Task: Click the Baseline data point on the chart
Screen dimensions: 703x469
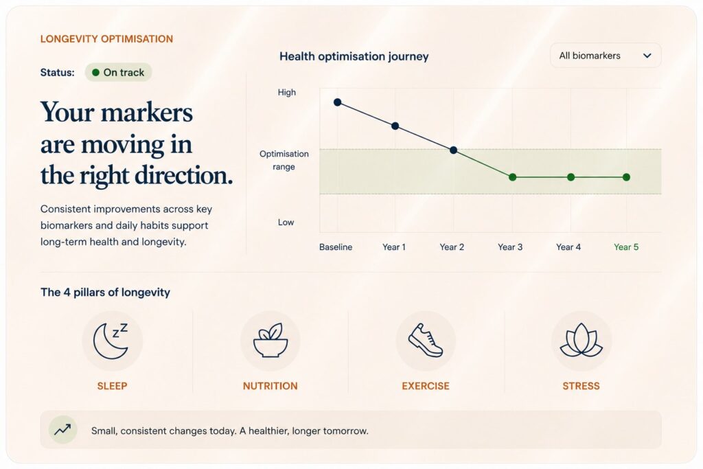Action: click(338, 102)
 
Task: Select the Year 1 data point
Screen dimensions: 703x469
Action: click(395, 126)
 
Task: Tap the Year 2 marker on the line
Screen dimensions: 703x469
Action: click(454, 150)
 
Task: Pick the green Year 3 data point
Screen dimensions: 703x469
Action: click(512, 177)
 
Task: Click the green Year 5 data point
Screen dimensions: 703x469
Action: click(626, 177)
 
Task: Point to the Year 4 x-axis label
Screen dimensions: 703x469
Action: click(568, 247)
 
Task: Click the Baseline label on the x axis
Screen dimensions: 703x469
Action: click(336, 247)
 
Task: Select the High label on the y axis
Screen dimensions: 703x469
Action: click(286, 93)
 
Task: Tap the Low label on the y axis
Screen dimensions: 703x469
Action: click(286, 222)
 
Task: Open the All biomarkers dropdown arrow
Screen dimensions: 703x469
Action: click(647, 56)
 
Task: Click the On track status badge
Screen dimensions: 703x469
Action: click(118, 72)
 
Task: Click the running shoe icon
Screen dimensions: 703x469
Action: click(426, 341)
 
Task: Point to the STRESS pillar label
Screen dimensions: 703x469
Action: click(581, 386)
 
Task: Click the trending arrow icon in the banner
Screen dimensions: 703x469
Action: click(62, 430)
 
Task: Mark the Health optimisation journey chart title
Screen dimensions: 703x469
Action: click(354, 56)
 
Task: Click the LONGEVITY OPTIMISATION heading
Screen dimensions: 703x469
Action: click(106, 39)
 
